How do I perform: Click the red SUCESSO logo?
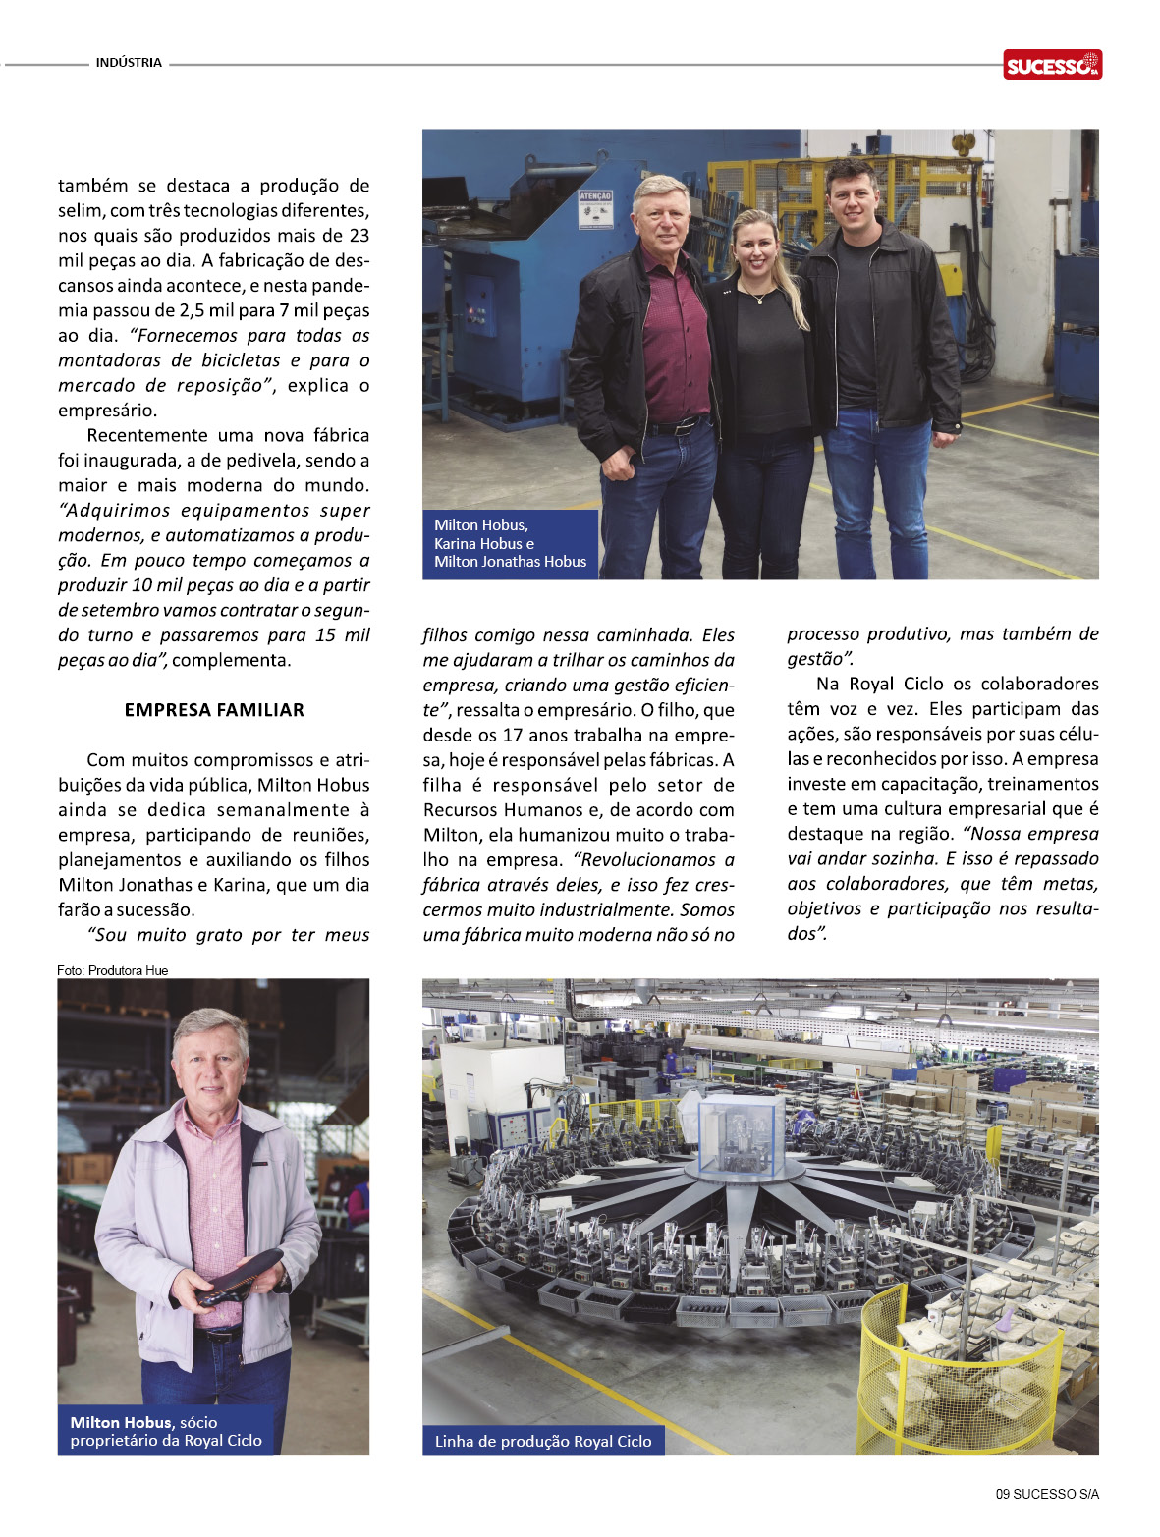(x=1052, y=65)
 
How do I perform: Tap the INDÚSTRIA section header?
(x=129, y=63)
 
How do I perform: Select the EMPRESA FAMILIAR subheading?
(x=214, y=710)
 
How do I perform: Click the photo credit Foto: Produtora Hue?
(x=113, y=970)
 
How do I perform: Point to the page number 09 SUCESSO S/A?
(x=1047, y=1494)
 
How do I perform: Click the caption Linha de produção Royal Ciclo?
(x=543, y=1441)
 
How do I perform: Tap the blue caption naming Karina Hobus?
(x=510, y=543)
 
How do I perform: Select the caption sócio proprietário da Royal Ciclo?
(x=166, y=1431)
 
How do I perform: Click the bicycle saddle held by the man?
(x=241, y=1277)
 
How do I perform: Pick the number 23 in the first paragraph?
(x=359, y=236)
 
